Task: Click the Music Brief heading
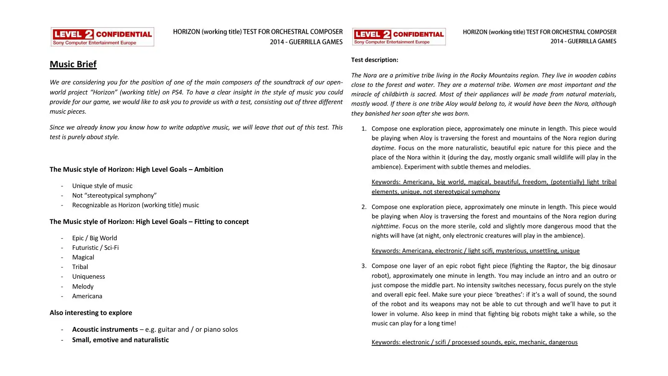(73, 64)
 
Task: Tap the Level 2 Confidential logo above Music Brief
(102, 37)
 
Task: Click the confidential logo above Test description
(399, 37)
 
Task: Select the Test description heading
(374, 60)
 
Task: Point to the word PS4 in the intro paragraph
(177, 92)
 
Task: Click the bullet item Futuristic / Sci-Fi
(95, 248)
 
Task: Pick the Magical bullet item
(83, 257)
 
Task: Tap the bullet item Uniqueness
(89, 277)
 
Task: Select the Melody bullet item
(83, 287)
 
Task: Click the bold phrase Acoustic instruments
(105, 330)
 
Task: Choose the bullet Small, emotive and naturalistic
(120, 340)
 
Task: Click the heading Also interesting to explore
(91, 313)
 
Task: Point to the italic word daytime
(383, 148)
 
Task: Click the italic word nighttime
(385, 226)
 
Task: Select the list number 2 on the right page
(364, 207)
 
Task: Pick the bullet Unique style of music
(102, 186)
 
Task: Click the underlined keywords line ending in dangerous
(474, 342)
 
